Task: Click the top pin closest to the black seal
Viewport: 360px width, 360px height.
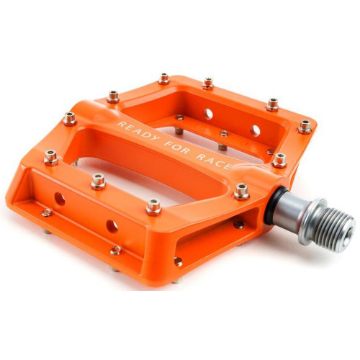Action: pyautogui.click(x=241, y=191)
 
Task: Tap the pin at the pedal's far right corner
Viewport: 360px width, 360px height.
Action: pyautogui.click(x=305, y=127)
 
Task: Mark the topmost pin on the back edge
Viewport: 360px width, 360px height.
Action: pyautogui.click(x=164, y=78)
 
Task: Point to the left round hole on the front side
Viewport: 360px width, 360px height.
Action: pyautogui.click(x=59, y=199)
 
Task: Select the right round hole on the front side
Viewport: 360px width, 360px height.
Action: pyautogui.click(x=112, y=226)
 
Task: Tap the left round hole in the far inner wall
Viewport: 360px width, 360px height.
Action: pyautogui.click(x=208, y=113)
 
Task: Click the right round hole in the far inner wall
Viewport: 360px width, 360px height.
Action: pyautogui.click(x=255, y=130)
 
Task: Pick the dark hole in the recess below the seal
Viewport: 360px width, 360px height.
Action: pyautogui.click(x=238, y=223)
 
